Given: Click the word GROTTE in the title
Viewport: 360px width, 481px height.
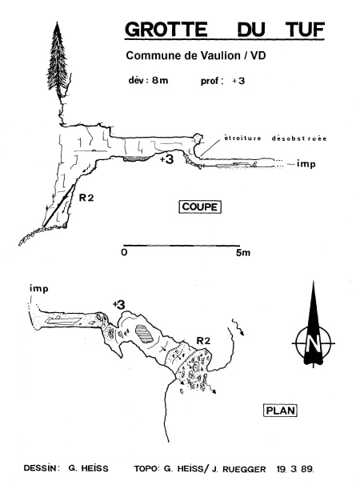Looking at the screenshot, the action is (166, 29).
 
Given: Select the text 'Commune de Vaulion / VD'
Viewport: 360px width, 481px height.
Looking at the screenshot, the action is (196, 55).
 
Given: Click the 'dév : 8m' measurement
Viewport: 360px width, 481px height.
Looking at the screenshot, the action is (148, 80).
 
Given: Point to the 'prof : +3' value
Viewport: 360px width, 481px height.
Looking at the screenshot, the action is (222, 81).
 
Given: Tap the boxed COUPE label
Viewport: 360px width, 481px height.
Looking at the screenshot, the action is (200, 206).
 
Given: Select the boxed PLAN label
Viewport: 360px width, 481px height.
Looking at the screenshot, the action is (280, 411).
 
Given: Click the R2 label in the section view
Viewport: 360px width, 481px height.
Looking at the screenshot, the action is (86, 198).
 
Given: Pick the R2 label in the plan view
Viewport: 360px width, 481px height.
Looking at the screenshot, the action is (203, 340).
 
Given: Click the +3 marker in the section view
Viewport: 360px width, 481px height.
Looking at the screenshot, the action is (166, 159).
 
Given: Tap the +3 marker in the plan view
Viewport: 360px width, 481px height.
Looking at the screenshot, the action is (118, 305).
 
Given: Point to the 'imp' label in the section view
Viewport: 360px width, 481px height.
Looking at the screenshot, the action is (306, 164).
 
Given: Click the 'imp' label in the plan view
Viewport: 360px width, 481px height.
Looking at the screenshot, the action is (39, 289).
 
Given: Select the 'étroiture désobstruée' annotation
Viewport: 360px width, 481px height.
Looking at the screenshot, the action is (275, 138).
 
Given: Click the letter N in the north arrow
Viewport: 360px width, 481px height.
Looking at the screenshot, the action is (313, 343).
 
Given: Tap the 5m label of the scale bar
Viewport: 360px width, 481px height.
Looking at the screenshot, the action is (243, 253).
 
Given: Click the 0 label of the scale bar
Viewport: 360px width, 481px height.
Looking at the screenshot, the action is (124, 252).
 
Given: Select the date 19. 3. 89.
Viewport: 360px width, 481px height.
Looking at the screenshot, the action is (295, 469).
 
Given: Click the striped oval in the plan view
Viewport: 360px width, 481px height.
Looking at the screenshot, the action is (144, 334).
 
